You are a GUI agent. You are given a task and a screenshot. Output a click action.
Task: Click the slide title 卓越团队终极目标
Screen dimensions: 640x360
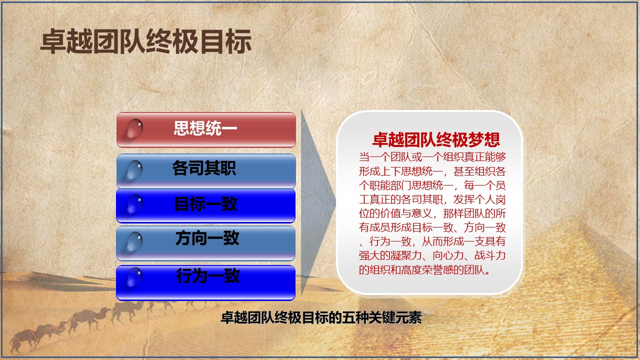[146, 41]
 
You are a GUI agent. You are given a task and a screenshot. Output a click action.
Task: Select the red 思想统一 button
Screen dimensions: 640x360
[206, 130]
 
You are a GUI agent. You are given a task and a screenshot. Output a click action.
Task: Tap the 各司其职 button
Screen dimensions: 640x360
[206, 171]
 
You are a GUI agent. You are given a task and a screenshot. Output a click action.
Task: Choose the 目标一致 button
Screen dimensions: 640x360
[205, 205]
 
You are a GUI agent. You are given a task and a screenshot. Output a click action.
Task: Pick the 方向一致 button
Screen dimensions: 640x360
[205, 243]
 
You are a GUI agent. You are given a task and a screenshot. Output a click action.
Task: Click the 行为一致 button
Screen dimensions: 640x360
[205, 283]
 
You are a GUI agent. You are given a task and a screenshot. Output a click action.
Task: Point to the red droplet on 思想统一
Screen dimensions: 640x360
[134, 128]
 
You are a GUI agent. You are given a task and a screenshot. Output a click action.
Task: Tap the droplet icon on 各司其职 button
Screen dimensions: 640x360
[134, 170]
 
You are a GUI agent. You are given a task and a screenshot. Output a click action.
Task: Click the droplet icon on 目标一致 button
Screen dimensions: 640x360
[134, 204]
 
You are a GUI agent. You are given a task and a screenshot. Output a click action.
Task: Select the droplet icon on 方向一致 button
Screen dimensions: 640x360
[134, 241]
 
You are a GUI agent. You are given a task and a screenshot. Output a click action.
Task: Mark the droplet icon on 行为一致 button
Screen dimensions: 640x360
[134, 277]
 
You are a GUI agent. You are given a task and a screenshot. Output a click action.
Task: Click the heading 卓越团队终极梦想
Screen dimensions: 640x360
[436, 139]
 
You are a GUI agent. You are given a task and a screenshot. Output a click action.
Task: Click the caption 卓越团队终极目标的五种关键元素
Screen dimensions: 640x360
[321, 317]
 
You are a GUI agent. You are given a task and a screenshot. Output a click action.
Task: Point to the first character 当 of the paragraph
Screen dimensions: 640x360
[364, 157]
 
